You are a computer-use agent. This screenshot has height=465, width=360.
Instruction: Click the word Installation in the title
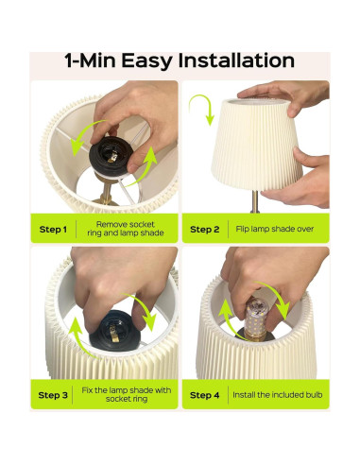click(x=231, y=61)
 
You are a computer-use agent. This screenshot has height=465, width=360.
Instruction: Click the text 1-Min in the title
click(x=93, y=61)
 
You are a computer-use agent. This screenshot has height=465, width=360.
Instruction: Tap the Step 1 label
click(x=52, y=228)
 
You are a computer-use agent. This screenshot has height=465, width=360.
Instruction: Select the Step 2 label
click(x=204, y=228)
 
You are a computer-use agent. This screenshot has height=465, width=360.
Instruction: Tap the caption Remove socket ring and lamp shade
click(x=126, y=228)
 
